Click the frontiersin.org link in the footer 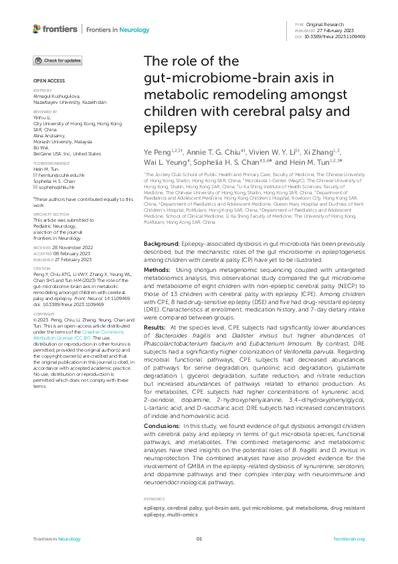[x=349, y=539]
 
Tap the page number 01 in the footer [x=199, y=539]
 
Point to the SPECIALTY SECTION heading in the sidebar [x=52, y=214]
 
